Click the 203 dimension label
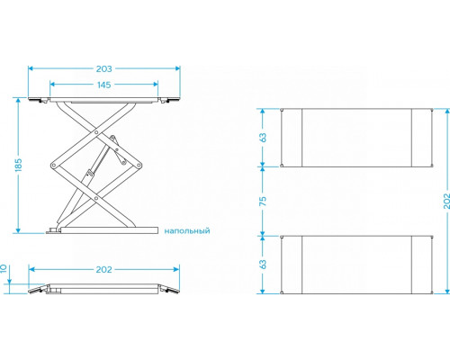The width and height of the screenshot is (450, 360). [103, 69]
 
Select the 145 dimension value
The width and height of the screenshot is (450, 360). [103, 85]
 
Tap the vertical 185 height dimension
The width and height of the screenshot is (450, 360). [18, 165]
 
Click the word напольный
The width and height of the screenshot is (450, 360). [187, 231]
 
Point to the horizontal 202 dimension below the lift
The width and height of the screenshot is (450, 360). [103, 270]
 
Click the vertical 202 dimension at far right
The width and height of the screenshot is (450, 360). [446, 201]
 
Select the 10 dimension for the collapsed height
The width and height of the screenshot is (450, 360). [4, 268]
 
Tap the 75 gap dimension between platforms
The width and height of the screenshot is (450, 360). [263, 201]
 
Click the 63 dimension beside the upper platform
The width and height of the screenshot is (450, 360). [263, 138]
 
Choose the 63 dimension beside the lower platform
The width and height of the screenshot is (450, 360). [263, 265]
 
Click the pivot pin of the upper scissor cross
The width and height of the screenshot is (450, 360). [96, 132]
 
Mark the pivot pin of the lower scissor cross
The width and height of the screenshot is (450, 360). [96, 198]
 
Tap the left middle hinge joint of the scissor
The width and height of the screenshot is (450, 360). [53, 166]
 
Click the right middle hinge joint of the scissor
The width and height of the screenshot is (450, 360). [139, 166]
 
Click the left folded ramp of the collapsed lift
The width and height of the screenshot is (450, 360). [39, 289]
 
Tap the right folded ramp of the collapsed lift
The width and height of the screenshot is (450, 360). [168, 289]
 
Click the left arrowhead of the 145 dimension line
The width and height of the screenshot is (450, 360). [52, 85]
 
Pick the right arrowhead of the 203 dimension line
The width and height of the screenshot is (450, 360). [177, 68]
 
